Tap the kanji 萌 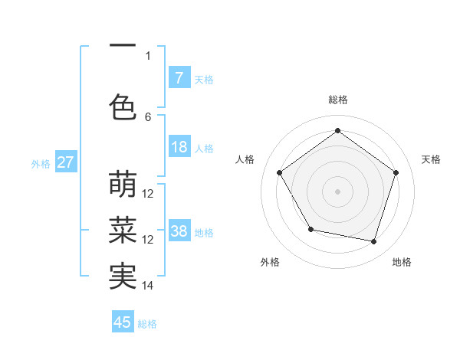pos(123,185)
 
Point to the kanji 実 pos(123,276)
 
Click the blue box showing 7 pos(179,78)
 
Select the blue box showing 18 pos(179,148)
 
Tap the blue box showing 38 pos(179,231)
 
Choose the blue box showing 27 pos(65,162)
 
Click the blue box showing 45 pos(123,322)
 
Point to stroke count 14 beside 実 pos(148,286)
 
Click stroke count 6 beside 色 pos(148,116)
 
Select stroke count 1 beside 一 pos(148,55)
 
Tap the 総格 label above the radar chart pos(337,100)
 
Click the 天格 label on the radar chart pos(431,159)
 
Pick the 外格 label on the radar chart pos(270,262)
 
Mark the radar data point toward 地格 pos(373,241)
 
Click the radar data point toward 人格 pos(280,173)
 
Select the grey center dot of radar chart pos(337,191)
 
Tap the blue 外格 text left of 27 pos(41,163)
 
